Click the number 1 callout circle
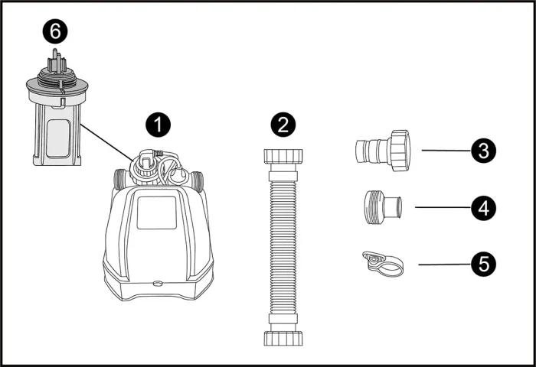click(x=158, y=123)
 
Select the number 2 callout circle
click(x=283, y=123)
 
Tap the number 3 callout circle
click(x=483, y=151)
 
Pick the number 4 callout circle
click(x=483, y=207)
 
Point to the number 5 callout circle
click(x=483, y=265)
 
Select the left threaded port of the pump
click(x=120, y=182)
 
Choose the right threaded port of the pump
click(x=198, y=182)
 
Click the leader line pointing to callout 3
click(x=444, y=151)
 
